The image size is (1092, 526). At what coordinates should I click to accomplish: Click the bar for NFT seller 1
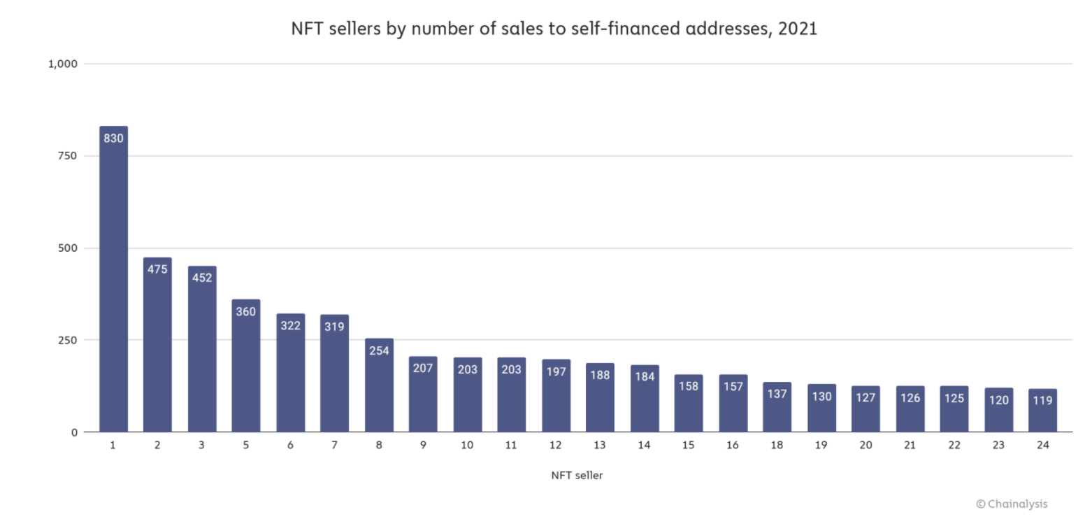(x=113, y=280)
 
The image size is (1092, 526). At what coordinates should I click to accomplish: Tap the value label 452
(x=201, y=277)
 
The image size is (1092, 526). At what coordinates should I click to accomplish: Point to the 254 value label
(x=379, y=350)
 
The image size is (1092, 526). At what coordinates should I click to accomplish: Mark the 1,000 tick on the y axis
(x=62, y=64)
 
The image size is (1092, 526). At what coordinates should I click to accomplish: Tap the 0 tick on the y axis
(x=74, y=432)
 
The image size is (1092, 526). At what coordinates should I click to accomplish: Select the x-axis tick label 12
(x=555, y=446)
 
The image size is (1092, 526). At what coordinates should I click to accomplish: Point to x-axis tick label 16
(x=732, y=446)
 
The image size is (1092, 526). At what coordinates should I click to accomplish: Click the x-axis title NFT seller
(x=577, y=476)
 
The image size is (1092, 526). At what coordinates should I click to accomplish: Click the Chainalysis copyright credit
(x=1012, y=504)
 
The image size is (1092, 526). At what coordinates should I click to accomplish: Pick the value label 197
(x=556, y=371)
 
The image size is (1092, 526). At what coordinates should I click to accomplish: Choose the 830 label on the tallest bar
(x=113, y=138)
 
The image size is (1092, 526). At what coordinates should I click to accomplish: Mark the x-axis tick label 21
(x=910, y=446)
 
